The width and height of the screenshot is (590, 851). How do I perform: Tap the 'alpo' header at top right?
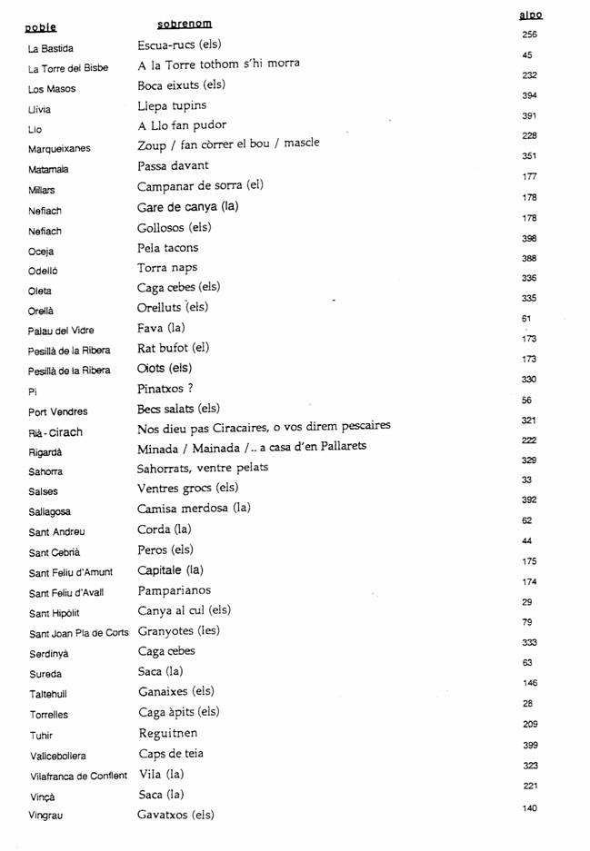[530, 15]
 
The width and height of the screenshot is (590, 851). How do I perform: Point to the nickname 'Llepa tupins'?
[172, 105]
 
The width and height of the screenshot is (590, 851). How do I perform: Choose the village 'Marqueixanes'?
[59, 149]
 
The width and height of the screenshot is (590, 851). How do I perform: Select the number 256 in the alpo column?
[530, 35]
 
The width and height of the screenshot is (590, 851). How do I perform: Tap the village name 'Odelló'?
[46, 271]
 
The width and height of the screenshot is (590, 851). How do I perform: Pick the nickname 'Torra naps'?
[167, 268]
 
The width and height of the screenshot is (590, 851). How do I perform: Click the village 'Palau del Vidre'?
[61, 331]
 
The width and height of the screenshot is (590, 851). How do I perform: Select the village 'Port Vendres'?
[58, 411]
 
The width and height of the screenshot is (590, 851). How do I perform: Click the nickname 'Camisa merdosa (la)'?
[194, 509]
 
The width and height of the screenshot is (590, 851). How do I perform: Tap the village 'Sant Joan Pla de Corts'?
[79, 634]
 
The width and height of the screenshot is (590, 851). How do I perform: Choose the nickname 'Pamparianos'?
[174, 590]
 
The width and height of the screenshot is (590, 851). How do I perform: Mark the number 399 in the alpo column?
[531, 745]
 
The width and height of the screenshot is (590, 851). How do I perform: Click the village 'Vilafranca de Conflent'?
[78, 776]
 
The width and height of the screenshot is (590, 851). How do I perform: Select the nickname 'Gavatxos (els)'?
[175, 815]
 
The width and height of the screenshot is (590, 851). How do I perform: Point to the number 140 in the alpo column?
[531, 807]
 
